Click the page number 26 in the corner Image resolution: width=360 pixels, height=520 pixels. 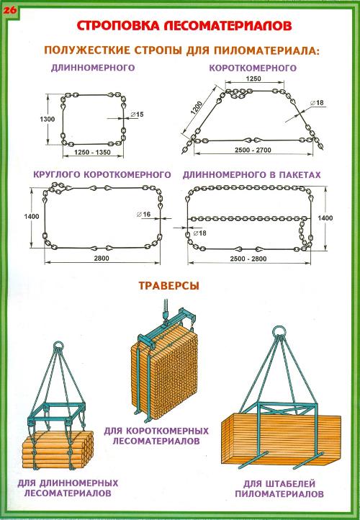click(x=10, y=10)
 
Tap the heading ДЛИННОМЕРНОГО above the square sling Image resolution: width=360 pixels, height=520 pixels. click(x=93, y=68)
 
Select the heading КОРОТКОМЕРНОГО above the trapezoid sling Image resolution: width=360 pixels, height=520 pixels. click(x=253, y=68)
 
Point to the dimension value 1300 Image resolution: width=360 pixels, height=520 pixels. click(x=47, y=119)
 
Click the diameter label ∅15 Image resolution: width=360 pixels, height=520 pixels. click(x=137, y=115)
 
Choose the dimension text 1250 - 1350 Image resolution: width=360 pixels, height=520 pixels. click(x=92, y=152)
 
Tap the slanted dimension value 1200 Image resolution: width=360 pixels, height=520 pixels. click(x=197, y=108)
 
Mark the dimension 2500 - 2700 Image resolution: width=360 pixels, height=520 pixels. click(x=253, y=150)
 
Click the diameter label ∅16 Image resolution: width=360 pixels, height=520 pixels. click(x=143, y=215)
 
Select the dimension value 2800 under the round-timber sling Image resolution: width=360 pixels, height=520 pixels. click(x=102, y=258)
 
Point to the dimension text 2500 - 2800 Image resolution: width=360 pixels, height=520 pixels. click(x=248, y=259)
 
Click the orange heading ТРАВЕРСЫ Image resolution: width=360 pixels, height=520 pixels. click(x=168, y=286)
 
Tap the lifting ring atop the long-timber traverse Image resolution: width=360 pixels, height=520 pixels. click(x=58, y=345)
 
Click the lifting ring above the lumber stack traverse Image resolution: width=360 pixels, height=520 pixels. click(x=279, y=331)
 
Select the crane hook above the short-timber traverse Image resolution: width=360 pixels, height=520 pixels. click(x=166, y=315)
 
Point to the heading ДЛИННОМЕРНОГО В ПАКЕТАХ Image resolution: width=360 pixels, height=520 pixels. click(x=251, y=175)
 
